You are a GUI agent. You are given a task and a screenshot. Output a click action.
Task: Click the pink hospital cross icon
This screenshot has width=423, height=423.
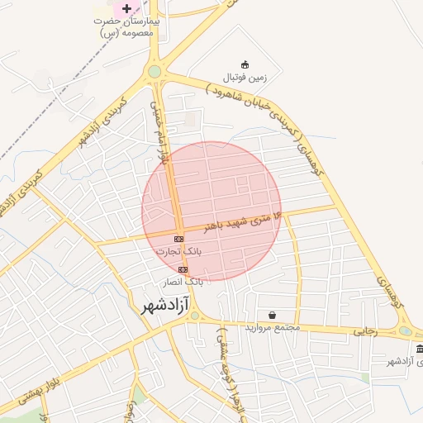coord(126,8)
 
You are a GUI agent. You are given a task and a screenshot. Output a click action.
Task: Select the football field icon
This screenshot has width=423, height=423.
coord(245,64)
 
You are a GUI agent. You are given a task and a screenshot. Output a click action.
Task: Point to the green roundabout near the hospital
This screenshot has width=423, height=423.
coord(154,72)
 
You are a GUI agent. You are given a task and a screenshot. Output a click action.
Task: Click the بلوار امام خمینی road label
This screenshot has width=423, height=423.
coord(160,132)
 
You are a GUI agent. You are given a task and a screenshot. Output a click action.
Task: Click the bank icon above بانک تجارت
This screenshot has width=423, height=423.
coord(179,238)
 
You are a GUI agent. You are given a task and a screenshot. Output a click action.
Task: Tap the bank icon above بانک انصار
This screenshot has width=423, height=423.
coord(183,269)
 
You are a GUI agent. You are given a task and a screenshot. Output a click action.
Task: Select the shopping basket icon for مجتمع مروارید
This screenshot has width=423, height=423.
coord(273,315)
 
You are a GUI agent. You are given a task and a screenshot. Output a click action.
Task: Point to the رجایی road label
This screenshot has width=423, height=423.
coord(365,330)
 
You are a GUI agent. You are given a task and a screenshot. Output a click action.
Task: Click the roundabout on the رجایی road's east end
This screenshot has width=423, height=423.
coord(405,331)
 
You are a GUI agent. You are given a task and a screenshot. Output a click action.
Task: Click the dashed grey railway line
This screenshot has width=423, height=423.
coord(50,124)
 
